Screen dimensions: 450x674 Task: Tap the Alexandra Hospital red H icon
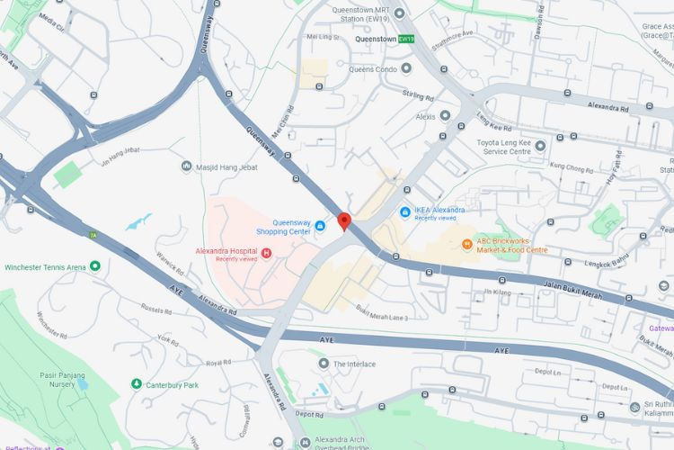click(267, 251)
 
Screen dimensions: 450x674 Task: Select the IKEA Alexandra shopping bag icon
click(405, 212)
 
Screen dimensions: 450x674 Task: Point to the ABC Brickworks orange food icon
click(467, 244)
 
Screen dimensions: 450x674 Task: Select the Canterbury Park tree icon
click(137, 384)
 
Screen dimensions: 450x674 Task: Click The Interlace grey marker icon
click(324, 364)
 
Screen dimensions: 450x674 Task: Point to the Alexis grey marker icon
click(445, 116)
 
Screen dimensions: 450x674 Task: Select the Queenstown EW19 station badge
click(407, 40)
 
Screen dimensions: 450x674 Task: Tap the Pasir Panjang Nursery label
click(62, 381)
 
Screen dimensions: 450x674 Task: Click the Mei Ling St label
click(320, 38)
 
